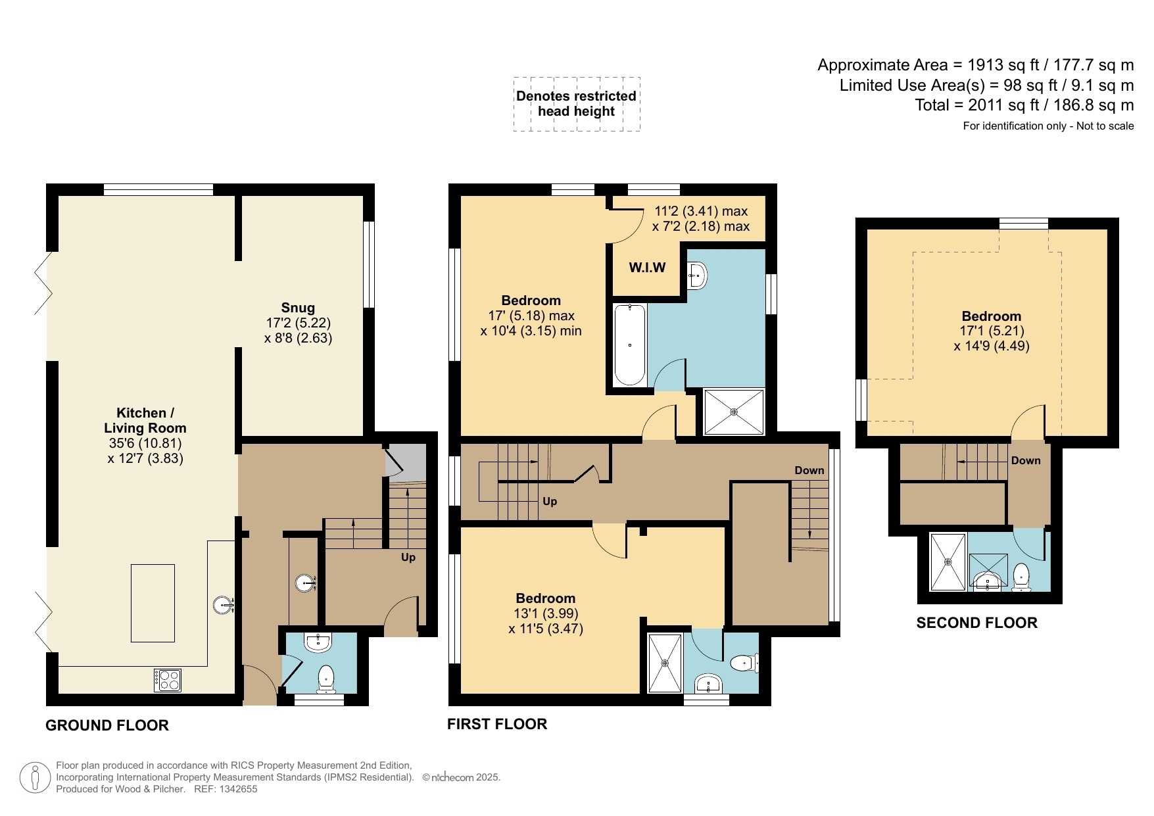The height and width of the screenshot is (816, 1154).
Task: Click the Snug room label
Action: pos(298,308)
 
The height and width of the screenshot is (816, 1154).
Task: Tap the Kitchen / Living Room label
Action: pos(145,420)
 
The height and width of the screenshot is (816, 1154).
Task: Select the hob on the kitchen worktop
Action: pos(168,680)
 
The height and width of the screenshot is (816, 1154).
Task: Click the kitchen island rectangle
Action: pos(153,603)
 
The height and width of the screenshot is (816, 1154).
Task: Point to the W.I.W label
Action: pos(647,268)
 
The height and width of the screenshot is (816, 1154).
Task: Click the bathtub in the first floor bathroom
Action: pos(629,345)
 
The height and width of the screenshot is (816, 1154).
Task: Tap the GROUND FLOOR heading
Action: pos(107,725)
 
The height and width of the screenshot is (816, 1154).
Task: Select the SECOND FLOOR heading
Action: pos(976,623)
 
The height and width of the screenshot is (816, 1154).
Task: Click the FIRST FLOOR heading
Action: pos(497,724)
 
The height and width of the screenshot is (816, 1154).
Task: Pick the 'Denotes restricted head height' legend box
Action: pos(577,104)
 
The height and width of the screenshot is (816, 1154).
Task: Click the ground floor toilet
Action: pos(326,679)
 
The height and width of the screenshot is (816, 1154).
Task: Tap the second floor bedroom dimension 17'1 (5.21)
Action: pos(992,331)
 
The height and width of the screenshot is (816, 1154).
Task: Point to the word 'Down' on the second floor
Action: pos(1026,460)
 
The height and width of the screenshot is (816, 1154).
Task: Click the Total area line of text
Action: pos(1024,105)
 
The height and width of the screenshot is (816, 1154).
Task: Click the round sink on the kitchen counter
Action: pos(224,605)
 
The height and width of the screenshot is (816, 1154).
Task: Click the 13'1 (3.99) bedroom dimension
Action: pos(546,613)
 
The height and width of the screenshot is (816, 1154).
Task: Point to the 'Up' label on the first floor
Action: pos(550,501)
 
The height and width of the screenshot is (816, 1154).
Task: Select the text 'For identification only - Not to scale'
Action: pos(1048,126)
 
